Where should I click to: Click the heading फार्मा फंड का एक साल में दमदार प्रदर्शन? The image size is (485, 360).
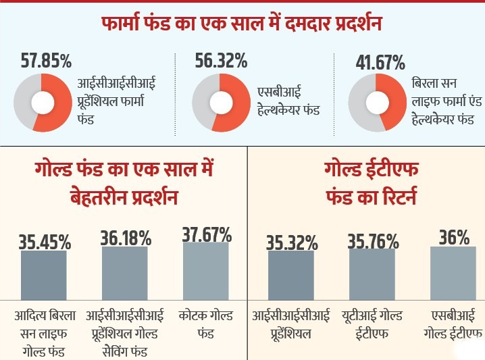(x=242, y=24)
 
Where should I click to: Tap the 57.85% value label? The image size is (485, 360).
(x=45, y=61)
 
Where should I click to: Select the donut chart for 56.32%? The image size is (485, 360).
(x=220, y=102)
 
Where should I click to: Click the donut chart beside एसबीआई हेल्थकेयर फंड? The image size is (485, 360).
(x=220, y=102)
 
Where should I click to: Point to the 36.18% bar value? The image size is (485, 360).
(x=125, y=238)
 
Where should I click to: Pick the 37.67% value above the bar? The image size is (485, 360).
(x=207, y=234)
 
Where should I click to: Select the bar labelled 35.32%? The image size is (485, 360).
(x=291, y=274)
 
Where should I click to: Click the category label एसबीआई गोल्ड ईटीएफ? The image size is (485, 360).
(x=453, y=324)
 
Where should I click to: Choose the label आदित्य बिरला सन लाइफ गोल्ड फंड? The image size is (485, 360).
(x=45, y=324)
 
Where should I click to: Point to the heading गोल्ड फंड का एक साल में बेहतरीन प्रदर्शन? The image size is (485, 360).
(x=124, y=184)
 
